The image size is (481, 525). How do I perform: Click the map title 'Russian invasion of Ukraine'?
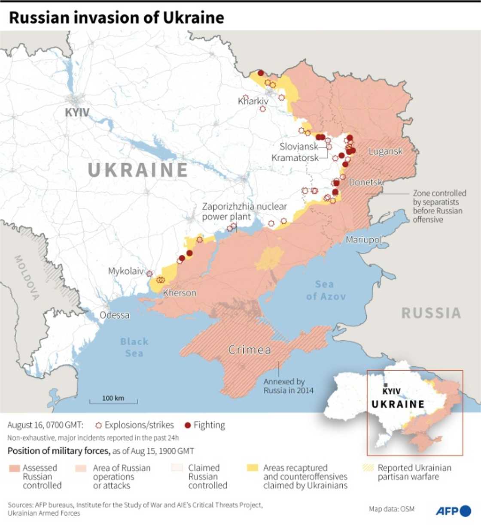click(x=116, y=18)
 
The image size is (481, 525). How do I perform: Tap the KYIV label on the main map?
click(x=77, y=112)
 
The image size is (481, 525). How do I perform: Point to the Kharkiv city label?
click(x=253, y=101)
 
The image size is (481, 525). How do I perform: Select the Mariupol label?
click(x=363, y=239)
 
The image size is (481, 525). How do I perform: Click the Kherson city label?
click(x=180, y=293)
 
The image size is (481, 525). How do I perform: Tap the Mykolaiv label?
click(x=126, y=271)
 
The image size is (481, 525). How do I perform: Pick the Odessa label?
click(x=114, y=315)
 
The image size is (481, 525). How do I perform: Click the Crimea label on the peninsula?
click(x=250, y=350)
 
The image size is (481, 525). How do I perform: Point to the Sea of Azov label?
click(x=326, y=290)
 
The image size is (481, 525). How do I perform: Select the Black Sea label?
click(x=134, y=347)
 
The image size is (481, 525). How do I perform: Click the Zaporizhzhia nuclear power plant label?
click(x=244, y=211)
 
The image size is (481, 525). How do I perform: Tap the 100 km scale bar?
click(x=113, y=401)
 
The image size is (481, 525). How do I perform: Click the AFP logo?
click(x=453, y=511)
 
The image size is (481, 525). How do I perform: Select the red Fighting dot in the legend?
click(x=187, y=425)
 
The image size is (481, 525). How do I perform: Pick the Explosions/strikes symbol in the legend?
click(x=99, y=425)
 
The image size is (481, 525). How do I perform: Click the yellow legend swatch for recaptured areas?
click(x=253, y=468)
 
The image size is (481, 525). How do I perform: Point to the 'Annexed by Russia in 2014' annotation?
click(x=288, y=386)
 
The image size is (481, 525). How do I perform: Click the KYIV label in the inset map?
click(x=391, y=391)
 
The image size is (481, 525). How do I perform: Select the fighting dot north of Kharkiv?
click(x=261, y=73)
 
